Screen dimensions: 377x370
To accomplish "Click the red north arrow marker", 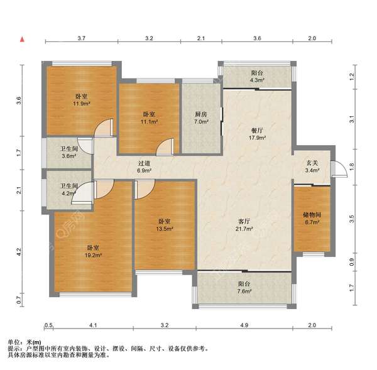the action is point(22,39).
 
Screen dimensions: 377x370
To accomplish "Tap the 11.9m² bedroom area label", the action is point(82,100).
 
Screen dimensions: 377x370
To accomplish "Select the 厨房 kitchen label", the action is point(201,114).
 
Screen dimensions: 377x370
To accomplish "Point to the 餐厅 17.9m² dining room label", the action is point(257,134).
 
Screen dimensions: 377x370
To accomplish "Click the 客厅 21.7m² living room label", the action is point(244,225).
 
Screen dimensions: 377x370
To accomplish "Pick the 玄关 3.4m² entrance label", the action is point(312,166).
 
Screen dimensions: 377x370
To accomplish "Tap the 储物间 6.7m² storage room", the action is point(312,219).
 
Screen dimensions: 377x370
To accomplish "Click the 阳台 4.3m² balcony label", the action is point(257,77).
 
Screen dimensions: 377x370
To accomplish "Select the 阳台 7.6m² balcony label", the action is point(244,288).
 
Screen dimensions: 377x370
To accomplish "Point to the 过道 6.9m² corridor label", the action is point(144,167).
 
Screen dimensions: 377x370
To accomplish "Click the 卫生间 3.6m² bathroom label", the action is point(69,153).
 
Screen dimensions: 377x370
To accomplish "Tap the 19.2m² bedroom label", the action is point(93,251).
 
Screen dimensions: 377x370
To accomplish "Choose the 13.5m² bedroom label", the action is point(165,225).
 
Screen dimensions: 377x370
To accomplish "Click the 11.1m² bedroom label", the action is point(149,118).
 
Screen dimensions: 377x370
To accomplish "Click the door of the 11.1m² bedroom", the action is point(165,146).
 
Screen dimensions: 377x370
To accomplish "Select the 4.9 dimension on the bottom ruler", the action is point(244,325).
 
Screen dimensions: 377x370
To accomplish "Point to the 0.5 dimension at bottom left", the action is point(48,325).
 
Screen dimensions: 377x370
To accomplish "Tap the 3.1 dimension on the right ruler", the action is point(351,119).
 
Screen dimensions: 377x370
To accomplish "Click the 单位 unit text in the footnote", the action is point(14,342).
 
